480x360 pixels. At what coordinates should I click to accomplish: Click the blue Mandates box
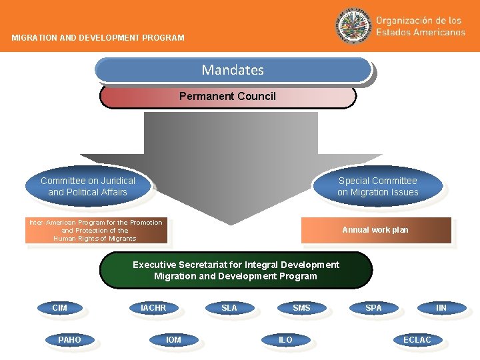(x=233, y=70)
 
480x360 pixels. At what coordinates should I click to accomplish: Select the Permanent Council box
(x=227, y=97)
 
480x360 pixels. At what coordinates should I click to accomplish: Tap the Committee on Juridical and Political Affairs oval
(x=87, y=187)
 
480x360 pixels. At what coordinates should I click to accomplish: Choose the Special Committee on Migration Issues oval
(x=377, y=187)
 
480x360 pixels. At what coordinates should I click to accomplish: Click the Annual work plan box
(x=375, y=230)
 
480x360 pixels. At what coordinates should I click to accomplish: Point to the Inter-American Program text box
(x=95, y=231)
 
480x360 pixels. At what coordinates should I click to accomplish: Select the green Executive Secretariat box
(x=235, y=270)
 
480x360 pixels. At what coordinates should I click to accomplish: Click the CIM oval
(x=60, y=308)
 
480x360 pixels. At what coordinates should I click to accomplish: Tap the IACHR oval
(x=153, y=308)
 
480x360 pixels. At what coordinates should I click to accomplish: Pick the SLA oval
(x=229, y=308)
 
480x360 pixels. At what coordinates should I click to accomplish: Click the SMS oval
(x=301, y=308)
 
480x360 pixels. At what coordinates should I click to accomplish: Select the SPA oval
(x=374, y=308)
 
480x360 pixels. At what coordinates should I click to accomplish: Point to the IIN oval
(x=441, y=308)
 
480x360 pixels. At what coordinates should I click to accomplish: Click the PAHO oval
(x=69, y=340)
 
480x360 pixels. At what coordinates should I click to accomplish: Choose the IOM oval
(x=173, y=340)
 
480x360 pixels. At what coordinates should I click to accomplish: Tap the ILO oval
(x=285, y=340)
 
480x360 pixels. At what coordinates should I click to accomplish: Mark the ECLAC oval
(x=417, y=340)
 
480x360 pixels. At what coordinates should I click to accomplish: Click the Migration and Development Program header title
(x=98, y=38)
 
